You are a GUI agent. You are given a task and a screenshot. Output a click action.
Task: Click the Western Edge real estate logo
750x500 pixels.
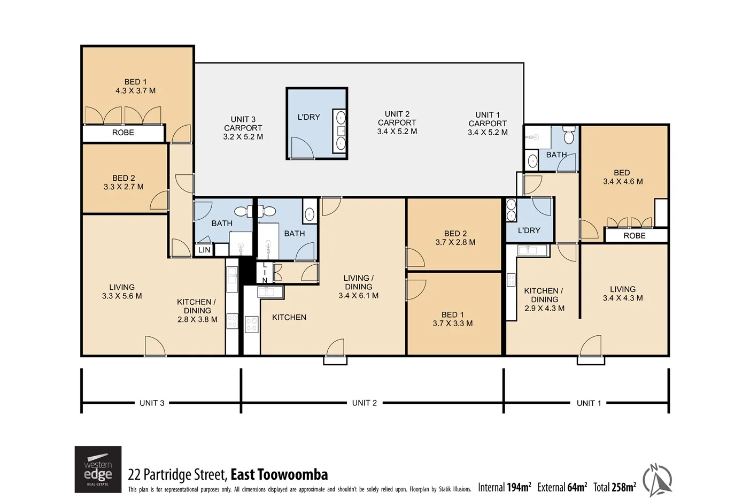point(98,469)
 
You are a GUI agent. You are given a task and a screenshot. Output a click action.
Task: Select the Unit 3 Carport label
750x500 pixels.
point(243,128)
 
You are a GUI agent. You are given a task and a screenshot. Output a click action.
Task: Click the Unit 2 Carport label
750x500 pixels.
point(397,122)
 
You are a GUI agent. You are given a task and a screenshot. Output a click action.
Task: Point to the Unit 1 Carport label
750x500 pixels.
point(488,124)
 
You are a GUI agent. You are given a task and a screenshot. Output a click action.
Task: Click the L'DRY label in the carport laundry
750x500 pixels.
point(308,117)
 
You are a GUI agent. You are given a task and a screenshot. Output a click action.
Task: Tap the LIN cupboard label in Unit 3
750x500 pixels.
point(204,250)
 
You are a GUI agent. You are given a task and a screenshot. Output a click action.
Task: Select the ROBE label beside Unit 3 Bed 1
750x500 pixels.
point(123,133)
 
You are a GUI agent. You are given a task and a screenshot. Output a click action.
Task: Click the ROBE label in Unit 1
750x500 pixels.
point(634,236)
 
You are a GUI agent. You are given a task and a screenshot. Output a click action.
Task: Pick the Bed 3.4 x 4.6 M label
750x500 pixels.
point(622,177)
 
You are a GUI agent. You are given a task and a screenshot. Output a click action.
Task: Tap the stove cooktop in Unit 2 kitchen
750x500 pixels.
point(251,324)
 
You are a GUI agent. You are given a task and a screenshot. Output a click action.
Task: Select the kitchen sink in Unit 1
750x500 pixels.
point(532,250)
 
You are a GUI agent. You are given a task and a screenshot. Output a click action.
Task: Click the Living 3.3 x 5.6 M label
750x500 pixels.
point(122,291)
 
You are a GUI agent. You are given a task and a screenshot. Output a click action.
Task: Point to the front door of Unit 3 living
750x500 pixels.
point(155,347)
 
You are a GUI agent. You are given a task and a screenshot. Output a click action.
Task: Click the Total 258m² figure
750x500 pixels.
point(614,487)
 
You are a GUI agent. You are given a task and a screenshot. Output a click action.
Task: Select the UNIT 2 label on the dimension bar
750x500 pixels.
point(364,403)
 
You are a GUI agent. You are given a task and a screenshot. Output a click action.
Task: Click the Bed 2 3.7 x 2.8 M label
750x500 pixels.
point(455,238)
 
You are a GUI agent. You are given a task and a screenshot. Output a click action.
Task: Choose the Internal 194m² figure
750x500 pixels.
point(504,487)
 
